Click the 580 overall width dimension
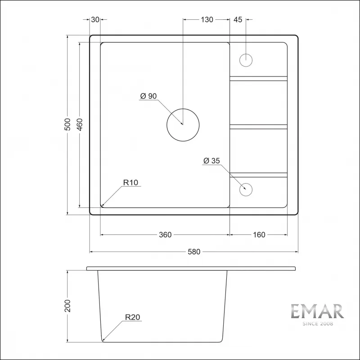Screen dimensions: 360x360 click(194, 252)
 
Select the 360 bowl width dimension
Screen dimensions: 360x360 click(165, 234)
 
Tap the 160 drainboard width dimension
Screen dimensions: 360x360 click(259, 234)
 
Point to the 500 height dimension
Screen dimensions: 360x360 click(67, 124)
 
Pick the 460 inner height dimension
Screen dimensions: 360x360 click(80, 124)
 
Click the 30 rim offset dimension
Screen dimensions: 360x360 click(95, 20)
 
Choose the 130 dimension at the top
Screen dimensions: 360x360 click(207, 20)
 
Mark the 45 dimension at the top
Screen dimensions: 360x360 click(238, 20)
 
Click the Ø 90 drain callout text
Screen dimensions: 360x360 click(148, 96)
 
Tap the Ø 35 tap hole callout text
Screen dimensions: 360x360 click(211, 161)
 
